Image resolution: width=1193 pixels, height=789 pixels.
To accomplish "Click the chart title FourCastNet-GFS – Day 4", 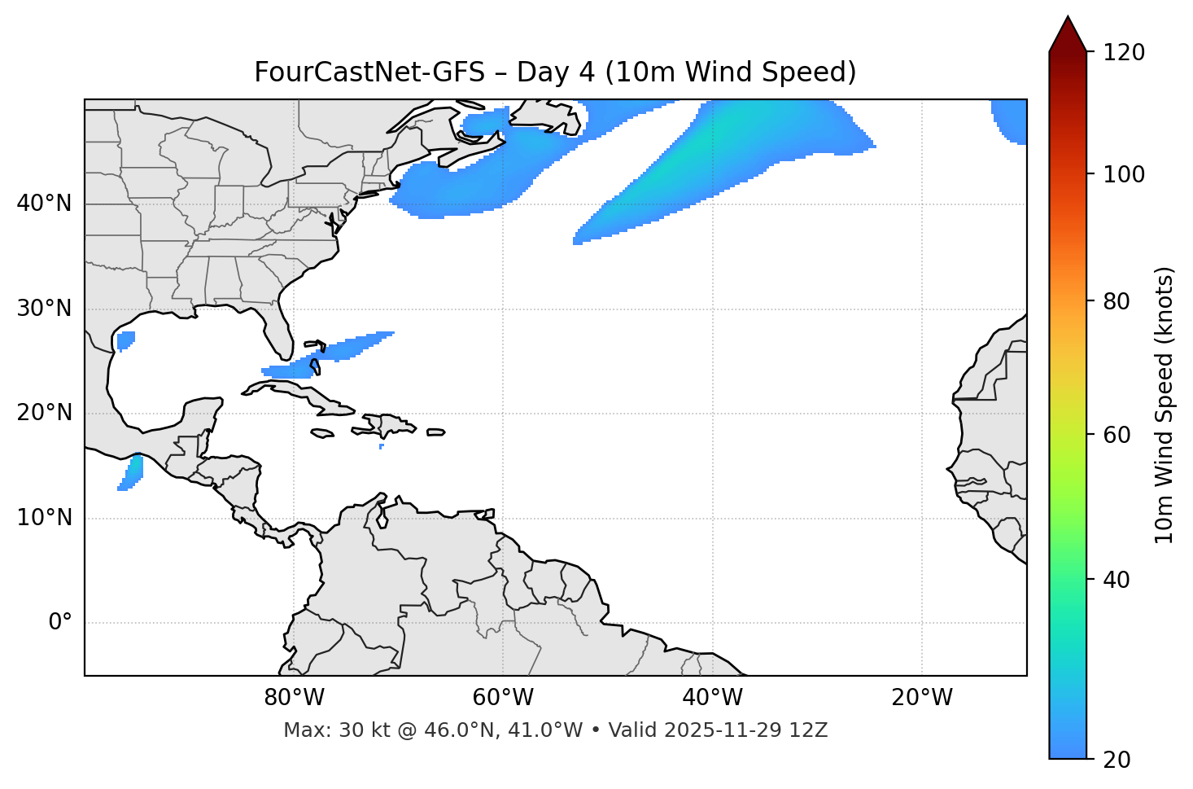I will coord(555,72).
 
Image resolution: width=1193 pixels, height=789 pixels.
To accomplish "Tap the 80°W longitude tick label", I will coord(294,698).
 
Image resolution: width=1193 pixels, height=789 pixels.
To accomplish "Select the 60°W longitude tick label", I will coord(502,698).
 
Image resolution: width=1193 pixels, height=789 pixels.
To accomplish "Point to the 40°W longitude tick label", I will coord(711,698).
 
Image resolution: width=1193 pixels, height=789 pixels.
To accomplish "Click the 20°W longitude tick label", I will coord(921,698).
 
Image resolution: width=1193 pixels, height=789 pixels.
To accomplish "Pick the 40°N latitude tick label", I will coord(44,204).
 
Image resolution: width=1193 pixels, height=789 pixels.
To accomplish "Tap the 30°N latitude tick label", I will coord(44,309).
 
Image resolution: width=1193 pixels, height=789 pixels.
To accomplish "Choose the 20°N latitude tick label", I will coord(44,413).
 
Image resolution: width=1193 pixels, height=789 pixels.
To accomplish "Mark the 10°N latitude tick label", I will coord(44,518).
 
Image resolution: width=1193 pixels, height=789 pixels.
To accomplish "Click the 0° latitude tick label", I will coord(60,623).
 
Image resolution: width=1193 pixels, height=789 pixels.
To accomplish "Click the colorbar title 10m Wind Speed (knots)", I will coord(1165,405).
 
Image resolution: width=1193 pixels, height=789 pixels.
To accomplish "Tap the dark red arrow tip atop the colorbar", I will coord(1068,34).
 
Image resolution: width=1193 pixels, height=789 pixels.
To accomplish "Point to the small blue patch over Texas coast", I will coord(125,340).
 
